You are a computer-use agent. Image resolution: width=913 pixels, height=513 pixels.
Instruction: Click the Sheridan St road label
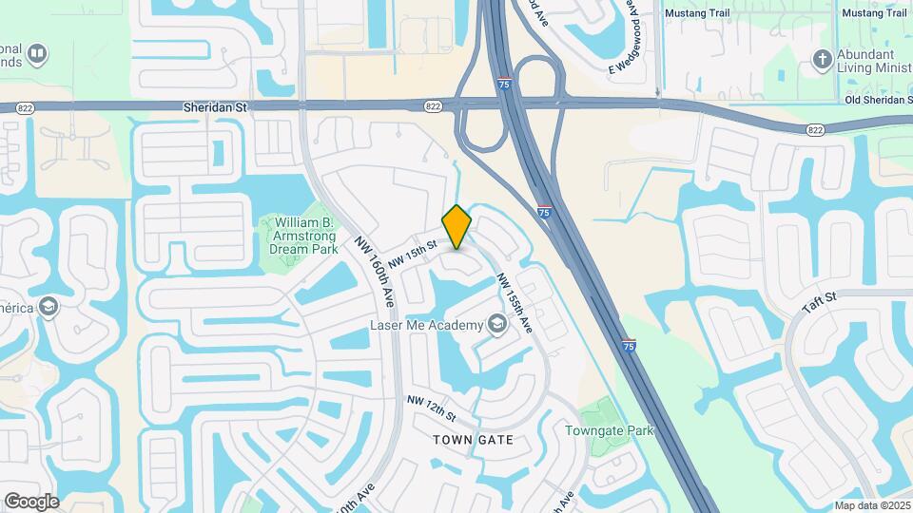pyautogui.click(x=215, y=108)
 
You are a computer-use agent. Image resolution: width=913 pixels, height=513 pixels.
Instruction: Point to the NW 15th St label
pyautogui.click(x=412, y=252)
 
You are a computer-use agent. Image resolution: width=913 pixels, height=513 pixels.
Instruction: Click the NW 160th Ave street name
pyautogui.click(x=375, y=272)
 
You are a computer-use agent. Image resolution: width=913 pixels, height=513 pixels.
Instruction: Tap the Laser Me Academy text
pyautogui.click(x=427, y=326)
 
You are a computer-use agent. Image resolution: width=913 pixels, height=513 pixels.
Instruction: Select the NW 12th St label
pyautogui.click(x=433, y=410)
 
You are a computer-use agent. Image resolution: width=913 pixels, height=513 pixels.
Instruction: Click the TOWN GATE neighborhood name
pyautogui.click(x=473, y=440)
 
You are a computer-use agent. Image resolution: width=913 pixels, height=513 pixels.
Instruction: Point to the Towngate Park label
pyautogui.click(x=610, y=430)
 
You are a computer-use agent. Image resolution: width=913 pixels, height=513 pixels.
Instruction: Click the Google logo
pyautogui.click(x=31, y=501)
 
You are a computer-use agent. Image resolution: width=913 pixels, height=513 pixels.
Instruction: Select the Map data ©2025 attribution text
pyautogui.click(x=871, y=505)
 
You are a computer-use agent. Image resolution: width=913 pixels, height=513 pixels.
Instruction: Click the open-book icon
pyautogui.click(x=37, y=53)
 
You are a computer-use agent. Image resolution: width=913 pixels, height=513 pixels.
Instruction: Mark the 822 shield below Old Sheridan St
pyautogui.click(x=814, y=129)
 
